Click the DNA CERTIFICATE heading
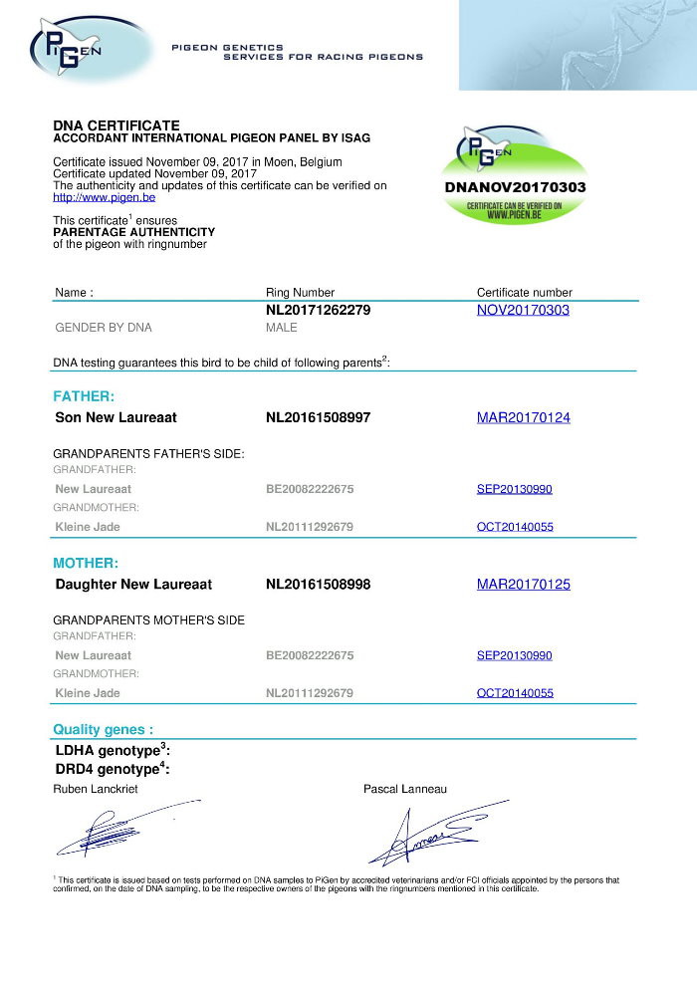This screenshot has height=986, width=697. pyautogui.click(x=116, y=125)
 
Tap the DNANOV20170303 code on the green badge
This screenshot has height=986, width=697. pyautogui.click(x=514, y=186)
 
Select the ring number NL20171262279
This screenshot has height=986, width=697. pyautogui.click(x=319, y=311)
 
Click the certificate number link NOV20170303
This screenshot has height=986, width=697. pyautogui.click(x=523, y=311)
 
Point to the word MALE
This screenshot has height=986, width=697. pyautogui.click(x=282, y=328)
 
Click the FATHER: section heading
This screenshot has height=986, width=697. pyautogui.click(x=84, y=396)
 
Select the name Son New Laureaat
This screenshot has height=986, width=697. pyautogui.click(x=116, y=417)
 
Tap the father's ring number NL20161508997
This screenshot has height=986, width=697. pyautogui.click(x=319, y=417)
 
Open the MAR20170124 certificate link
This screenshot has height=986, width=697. pyautogui.click(x=524, y=417)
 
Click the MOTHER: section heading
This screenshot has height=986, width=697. pyautogui.click(x=86, y=563)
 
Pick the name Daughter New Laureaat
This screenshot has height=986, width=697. pyautogui.click(x=133, y=584)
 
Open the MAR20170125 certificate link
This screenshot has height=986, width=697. pyautogui.click(x=524, y=584)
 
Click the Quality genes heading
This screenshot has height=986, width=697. pyautogui.click(x=104, y=729)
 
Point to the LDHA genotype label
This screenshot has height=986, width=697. pyautogui.click(x=113, y=750)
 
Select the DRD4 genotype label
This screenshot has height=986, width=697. pyautogui.click(x=113, y=769)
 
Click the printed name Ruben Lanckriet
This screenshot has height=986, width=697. pyautogui.click(x=96, y=789)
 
